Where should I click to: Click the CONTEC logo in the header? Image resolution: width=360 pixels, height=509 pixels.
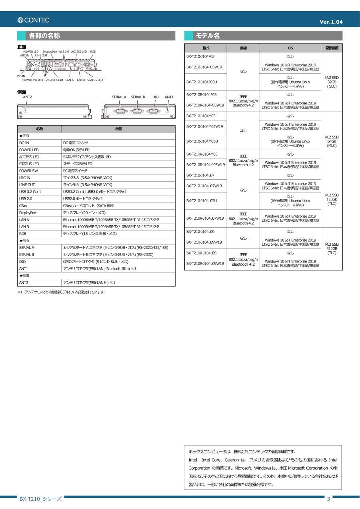[x=34, y=20]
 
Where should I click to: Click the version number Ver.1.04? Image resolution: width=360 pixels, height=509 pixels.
[x=331, y=22]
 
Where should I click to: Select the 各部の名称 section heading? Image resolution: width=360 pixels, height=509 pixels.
[x=44, y=36]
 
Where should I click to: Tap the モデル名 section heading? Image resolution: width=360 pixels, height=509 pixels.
[x=208, y=36]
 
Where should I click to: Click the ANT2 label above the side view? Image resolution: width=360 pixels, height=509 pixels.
[x=28, y=97]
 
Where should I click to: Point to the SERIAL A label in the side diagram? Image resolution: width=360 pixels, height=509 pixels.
[x=119, y=97]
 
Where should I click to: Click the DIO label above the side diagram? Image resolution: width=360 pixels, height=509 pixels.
[x=156, y=97]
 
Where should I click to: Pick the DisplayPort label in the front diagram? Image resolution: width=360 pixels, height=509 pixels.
[x=50, y=52]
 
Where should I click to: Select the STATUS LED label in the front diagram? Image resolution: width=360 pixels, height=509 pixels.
[x=95, y=80]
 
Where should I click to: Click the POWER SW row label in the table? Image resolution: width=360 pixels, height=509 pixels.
[x=28, y=171]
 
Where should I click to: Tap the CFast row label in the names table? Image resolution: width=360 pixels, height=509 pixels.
[x=24, y=206]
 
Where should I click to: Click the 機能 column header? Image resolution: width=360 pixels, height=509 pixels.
[x=118, y=129]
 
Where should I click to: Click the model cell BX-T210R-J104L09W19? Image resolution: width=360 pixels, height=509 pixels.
[x=205, y=263]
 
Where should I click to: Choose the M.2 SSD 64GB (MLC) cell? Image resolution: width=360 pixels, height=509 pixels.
[x=332, y=141]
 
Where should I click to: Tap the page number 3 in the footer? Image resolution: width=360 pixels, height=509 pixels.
[x=328, y=499]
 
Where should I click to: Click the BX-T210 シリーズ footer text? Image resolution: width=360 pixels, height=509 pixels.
[x=40, y=499]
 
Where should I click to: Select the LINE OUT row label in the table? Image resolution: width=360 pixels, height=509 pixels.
[x=27, y=185]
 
